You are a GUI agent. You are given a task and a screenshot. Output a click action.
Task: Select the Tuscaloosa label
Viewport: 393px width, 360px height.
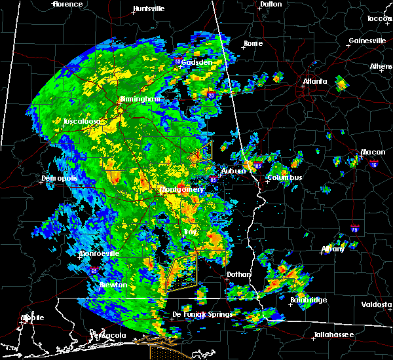(x=81, y=122)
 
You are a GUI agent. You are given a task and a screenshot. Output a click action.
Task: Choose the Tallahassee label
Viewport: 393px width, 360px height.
(x=333, y=334)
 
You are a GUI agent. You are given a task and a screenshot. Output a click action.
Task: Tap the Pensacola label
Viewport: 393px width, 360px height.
(x=108, y=335)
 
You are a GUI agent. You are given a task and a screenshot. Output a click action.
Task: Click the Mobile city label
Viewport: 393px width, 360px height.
(x=32, y=317)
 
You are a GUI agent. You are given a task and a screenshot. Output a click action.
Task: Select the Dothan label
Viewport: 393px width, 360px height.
(x=239, y=275)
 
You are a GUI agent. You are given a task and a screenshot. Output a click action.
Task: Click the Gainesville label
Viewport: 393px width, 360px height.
(x=367, y=41)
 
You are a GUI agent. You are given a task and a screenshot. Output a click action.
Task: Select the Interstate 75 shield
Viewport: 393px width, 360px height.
(x=354, y=230)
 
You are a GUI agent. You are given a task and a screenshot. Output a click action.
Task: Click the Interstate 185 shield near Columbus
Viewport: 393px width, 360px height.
(x=259, y=167)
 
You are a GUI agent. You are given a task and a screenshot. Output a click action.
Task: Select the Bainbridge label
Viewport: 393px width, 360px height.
(x=309, y=300)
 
